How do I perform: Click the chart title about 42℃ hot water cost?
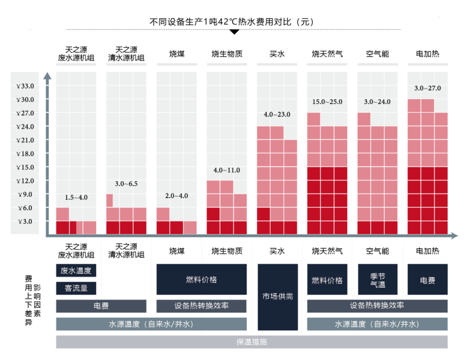232,22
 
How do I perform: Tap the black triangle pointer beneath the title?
233,32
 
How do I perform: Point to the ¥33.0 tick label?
25,86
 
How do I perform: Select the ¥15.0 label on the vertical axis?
25,167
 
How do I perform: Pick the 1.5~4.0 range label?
76,197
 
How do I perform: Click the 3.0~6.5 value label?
126,183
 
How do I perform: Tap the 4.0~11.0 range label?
227,170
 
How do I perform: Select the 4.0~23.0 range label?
277,114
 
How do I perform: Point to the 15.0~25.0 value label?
327,102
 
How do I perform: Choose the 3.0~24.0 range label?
377,102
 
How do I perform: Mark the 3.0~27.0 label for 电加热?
427,88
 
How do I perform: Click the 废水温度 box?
76,270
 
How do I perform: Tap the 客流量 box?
76,289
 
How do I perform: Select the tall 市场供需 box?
278,297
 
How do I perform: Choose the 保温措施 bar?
251,342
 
